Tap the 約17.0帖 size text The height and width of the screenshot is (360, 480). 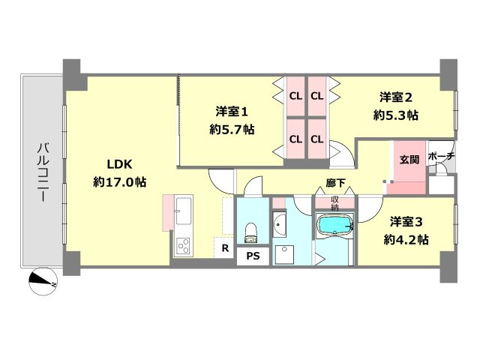click(120, 182)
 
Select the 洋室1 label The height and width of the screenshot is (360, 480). click(232, 112)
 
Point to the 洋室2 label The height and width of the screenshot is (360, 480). click(397, 97)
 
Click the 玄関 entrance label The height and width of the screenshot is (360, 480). click(409, 159)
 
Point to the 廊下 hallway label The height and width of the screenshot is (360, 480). click(336, 182)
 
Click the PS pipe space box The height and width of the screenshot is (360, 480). click(253, 255)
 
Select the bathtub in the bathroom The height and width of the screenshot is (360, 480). click(334, 226)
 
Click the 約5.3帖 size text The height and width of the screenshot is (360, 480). click(397, 115)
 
